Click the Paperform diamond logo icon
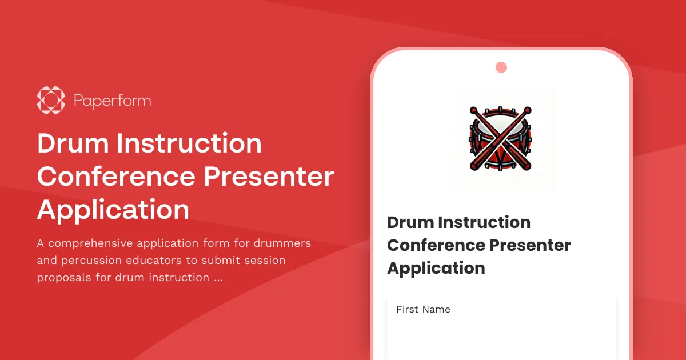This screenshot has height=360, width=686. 51,101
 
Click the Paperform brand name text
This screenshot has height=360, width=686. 112,101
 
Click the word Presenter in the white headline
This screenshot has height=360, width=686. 269,177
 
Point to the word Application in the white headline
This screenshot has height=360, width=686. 113,210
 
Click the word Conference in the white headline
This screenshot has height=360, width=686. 116,177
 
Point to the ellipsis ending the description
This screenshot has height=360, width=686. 218,278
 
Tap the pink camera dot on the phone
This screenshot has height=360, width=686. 501,67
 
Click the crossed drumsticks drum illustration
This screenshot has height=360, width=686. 501,139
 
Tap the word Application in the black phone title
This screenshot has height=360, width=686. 436,268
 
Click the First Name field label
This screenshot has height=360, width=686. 423,309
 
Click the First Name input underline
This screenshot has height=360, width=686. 501,346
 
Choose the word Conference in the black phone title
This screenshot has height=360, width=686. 431,245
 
